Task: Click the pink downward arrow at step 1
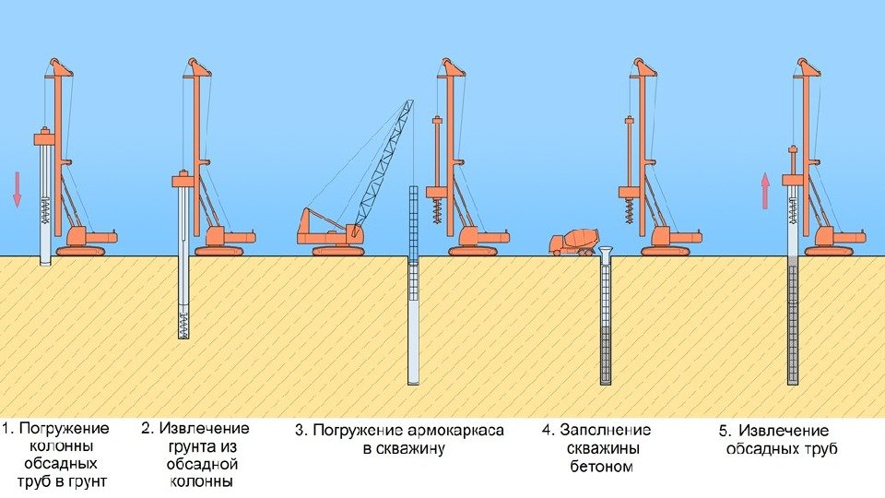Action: [x=17, y=188]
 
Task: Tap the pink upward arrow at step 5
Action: [x=764, y=191]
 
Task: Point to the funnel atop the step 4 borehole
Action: [x=606, y=252]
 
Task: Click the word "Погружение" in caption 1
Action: [x=65, y=429]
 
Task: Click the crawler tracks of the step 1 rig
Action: [x=81, y=250]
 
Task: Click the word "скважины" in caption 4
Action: [x=597, y=447]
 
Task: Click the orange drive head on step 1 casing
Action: [x=45, y=138]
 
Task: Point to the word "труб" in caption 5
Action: [x=820, y=449]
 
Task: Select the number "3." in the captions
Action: [x=301, y=430]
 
